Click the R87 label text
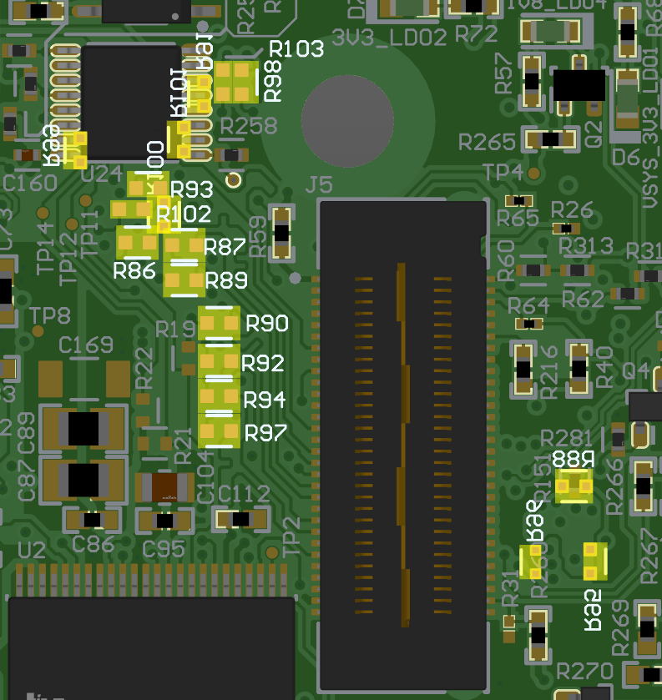224,247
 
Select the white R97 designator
265,432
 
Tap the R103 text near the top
296,49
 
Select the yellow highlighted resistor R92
219,362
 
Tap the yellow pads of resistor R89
184,282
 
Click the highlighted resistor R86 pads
138,244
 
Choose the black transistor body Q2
579,85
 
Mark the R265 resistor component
549,138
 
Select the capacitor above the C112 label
242,519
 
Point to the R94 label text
265,400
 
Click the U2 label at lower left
31,550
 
